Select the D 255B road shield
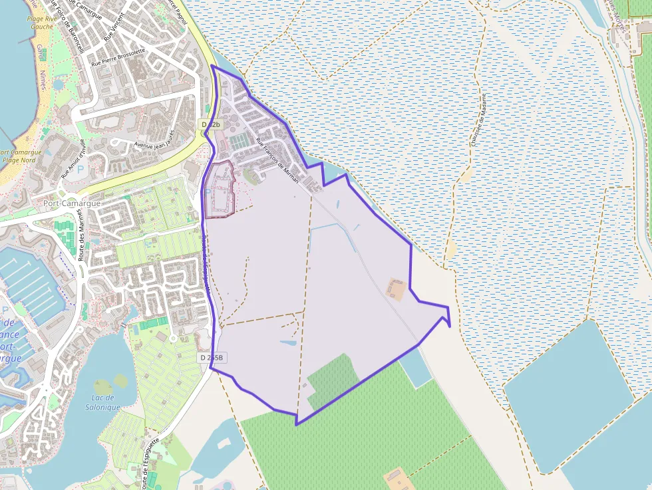coord(212,358)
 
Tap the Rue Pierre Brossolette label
coord(118,57)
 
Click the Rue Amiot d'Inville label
coord(74,159)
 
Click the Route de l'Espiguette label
coord(150,462)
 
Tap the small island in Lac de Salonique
coord(120,381)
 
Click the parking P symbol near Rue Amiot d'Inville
coord(81,170)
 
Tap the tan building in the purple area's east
coord(396,289)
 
